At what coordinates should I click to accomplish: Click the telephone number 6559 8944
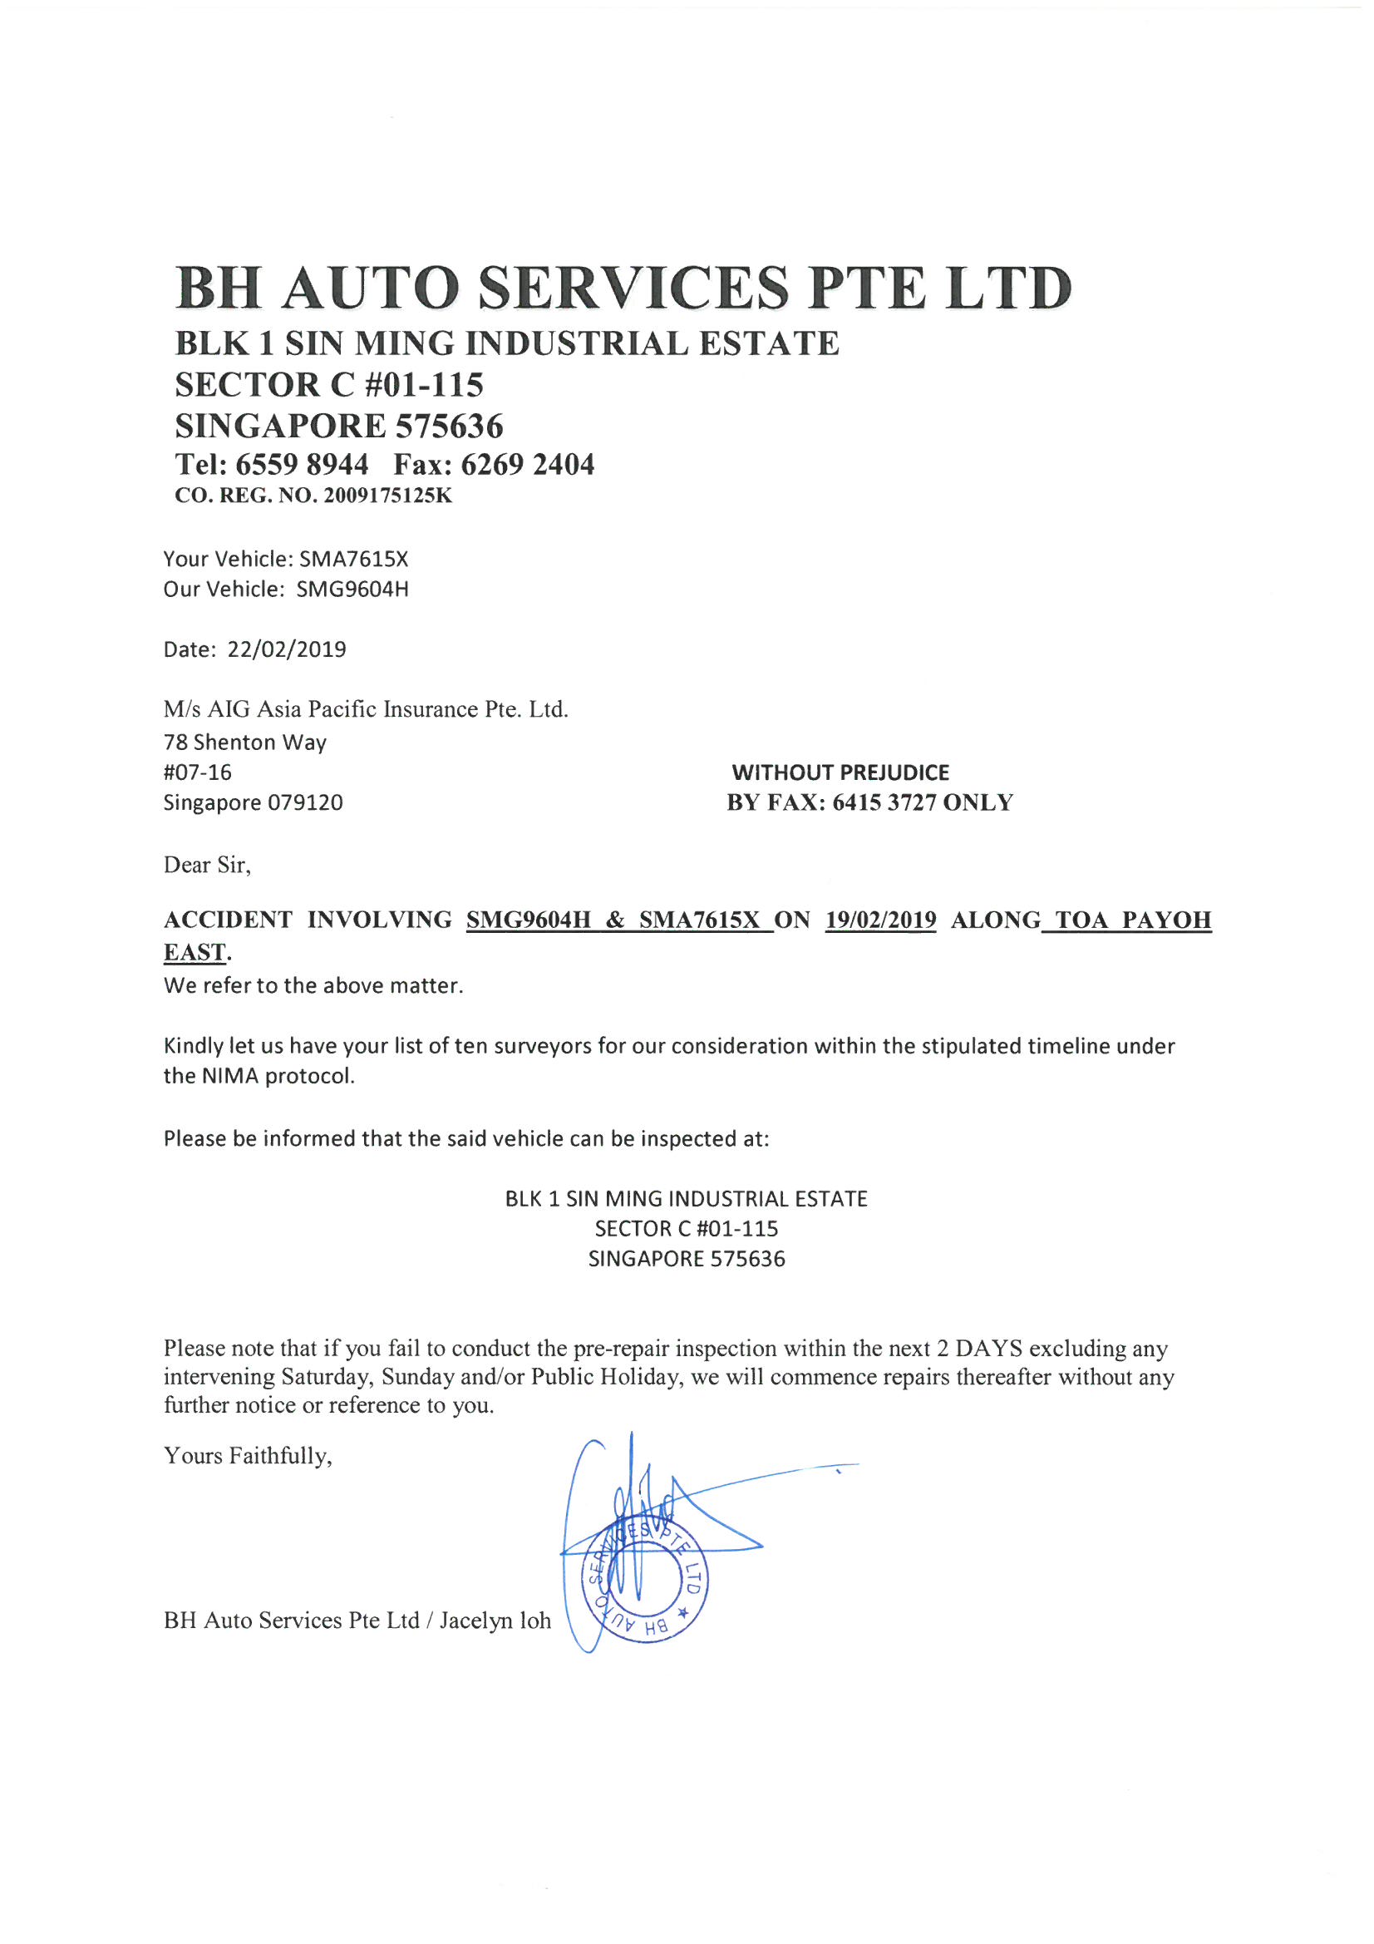tap(302, 464)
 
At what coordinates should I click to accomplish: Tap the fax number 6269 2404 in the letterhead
tap(528, 464)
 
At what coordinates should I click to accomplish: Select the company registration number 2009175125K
tap(387, 496)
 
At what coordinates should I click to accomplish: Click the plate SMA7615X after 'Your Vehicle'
tap(354, 559)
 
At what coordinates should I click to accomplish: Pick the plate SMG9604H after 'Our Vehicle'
tap(352, 590)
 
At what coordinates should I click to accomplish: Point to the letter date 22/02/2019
tap(287, 649)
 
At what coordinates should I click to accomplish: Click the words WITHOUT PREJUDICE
tap(840, 772)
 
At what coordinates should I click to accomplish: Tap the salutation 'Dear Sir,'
tap(208, 865)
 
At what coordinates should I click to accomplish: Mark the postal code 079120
tap(306, 802)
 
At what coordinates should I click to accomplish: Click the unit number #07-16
tap(197, 772)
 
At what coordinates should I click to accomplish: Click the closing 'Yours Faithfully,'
tap(248, 1455)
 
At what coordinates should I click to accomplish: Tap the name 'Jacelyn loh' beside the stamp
tap(495, 1620)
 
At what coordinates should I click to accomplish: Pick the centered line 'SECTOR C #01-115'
tap(686, 1229)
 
